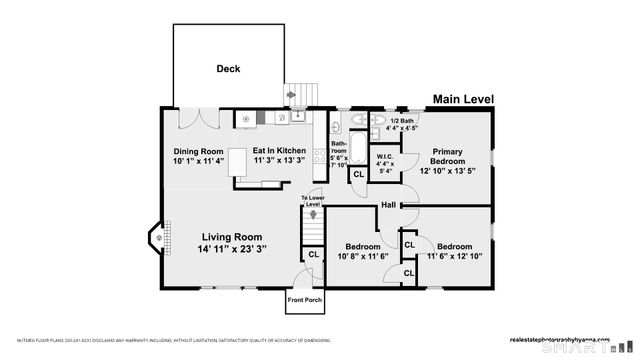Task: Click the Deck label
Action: click(x=228, y=69)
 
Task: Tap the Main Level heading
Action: click(x=462, y=99)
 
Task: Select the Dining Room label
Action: click(x=197, y=151)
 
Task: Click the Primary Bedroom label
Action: click(x=447, y=156)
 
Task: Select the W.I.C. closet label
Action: click(x=384, y=157)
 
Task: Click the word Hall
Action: click(x=388, y=206)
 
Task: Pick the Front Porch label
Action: click(x=304, y=300)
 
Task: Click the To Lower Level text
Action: click(x=313, y=200)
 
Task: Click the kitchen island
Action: click(x=238, y=162)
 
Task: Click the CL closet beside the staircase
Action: click(x=312, y=254)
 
